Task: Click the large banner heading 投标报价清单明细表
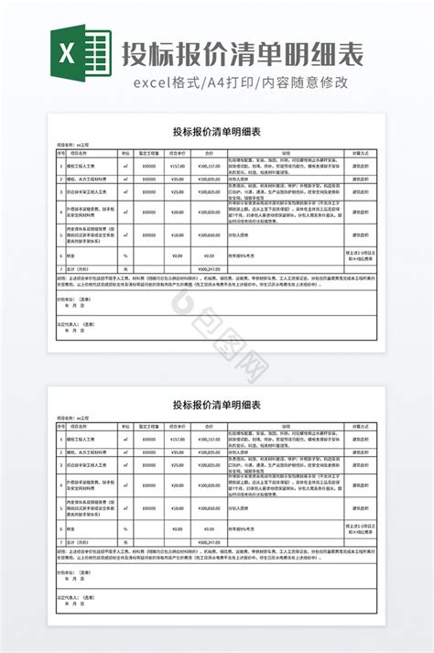242,51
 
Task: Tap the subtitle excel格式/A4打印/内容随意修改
242,83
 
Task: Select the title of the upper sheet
217,131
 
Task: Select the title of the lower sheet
217,404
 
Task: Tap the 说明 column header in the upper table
285,154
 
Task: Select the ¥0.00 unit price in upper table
177,256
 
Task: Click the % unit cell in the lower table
125,528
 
